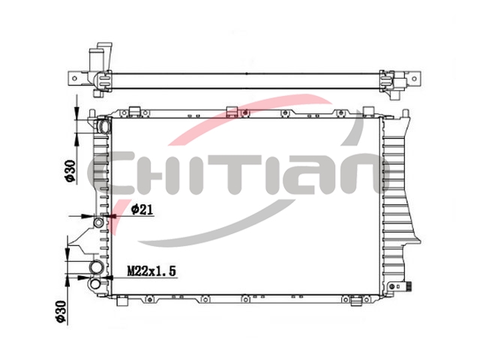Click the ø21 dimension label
click(142, 210)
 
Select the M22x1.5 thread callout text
click(151, 271)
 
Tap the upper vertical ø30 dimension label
click(70, 171)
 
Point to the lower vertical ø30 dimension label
click(61, 311)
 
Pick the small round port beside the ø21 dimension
click(98, 222)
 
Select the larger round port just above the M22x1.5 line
click(96, 268)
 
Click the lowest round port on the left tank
click(95, 283)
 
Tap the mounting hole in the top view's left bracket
click(74, 78)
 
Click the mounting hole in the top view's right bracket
click(414, 78)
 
